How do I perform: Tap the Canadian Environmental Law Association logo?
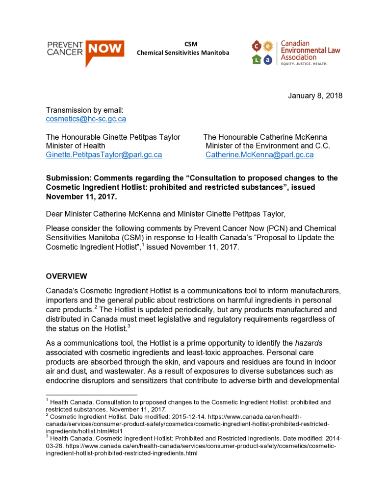coord(295,53)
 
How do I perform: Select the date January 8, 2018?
coord(315,96)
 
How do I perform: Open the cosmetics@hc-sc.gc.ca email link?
coord(86,119)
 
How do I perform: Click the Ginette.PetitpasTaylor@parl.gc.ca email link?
coord(103,155)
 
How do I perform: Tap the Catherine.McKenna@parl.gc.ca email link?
coord(259,155)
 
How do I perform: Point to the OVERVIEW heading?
coord(66,276)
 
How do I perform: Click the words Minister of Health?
coord(75,146)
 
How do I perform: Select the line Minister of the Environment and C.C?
coord(268,146)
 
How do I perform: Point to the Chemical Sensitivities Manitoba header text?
coord(182,52)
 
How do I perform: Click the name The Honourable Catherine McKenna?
coord(265,137)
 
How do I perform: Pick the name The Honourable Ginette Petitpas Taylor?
coord(113,137)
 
